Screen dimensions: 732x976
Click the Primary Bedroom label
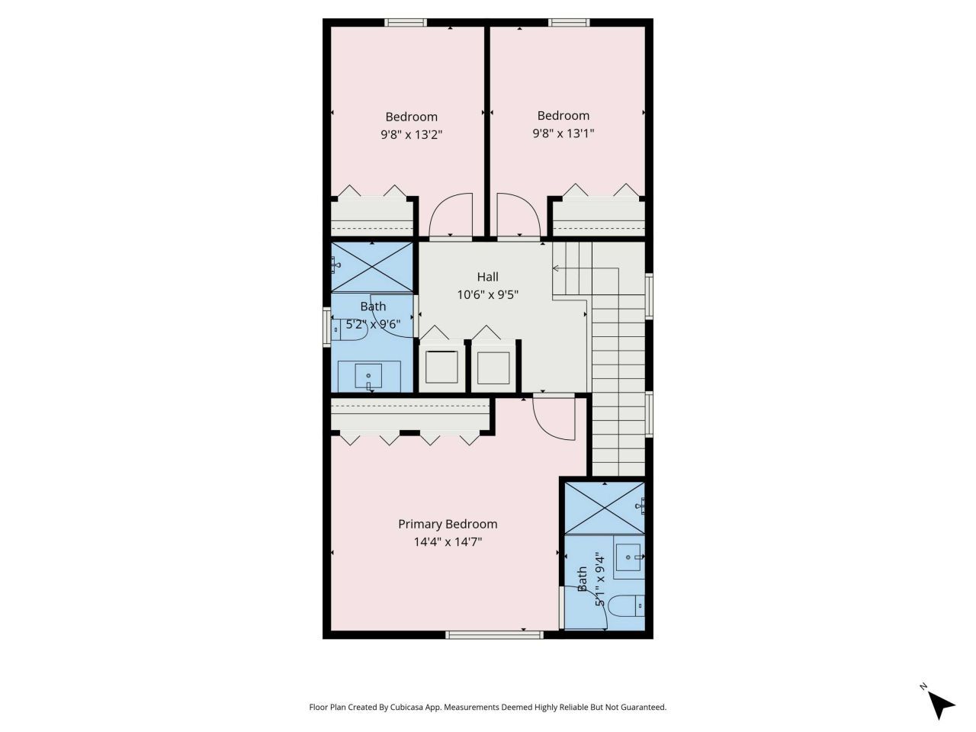click(x=448, y=524)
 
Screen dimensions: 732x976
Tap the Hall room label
click(x=488, y=276)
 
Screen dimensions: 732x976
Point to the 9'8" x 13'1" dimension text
click(x=563, y=133)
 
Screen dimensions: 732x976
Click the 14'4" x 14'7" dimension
click(x=448, y=542)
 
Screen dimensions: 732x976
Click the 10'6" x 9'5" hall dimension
click(x=488, y=294)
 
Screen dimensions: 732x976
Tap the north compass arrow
click(x=941, y=703)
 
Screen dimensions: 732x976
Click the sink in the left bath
click(x=369, y=376)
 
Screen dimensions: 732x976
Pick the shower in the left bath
click(x=373, y=267)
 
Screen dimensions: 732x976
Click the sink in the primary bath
click(x=628, y=557)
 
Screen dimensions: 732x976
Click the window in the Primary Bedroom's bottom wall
click(x=494, y=634)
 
